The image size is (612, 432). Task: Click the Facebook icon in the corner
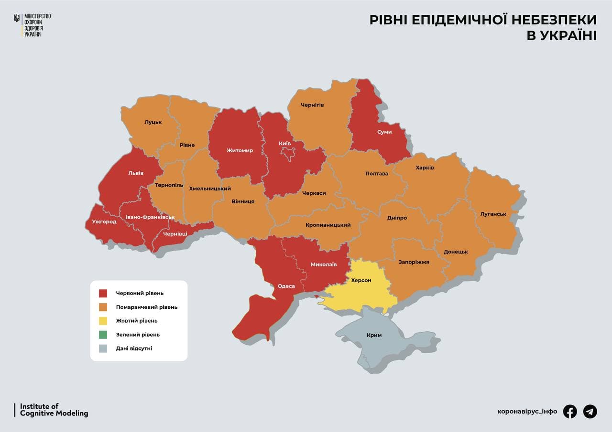[x=569, y=411]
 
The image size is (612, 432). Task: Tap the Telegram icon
[x=590, y=411]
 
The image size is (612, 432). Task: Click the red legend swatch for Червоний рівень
[x=103, y=293]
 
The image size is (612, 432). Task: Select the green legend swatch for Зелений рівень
[x=103, y=335]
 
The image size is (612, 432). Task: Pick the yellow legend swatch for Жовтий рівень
[x=103, y=321]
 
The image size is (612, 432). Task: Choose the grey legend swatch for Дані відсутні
[x=103, y=348]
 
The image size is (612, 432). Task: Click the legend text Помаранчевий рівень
[x=146, y=307]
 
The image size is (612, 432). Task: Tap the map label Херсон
[x=361, y=280]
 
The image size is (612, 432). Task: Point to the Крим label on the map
[x=374, y=335]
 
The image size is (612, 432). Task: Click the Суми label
[x=384, y=132]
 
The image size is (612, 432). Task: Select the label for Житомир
[x=240, y=150]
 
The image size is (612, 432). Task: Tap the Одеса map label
[x=286, y=286]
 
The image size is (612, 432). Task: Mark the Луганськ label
[x=493, y=214]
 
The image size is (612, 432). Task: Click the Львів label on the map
[x=135, y=173]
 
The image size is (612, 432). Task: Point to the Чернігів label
[x=312, y=105]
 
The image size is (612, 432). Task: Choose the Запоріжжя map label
[x=414, y=262]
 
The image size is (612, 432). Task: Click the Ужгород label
[x=104, y=221]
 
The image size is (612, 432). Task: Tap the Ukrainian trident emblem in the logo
[x=17, y=19]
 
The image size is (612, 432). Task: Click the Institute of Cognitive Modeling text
[x=54, y=410]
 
